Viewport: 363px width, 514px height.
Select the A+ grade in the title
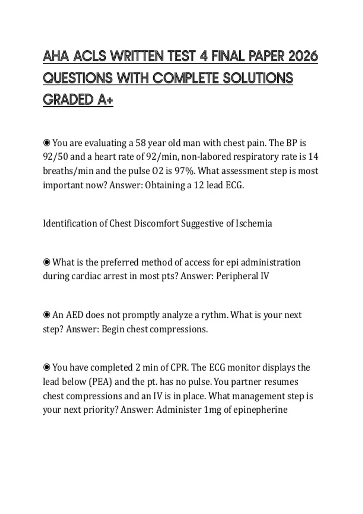[x=105, y=100]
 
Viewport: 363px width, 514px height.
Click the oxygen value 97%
[x=185, y=171]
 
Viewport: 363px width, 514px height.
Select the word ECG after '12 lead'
[x=235, y=185]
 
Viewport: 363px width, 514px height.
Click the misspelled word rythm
[x=214, y=315]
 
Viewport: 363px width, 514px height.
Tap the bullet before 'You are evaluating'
[x=47, y=142]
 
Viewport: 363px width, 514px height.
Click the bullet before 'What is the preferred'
[x=47, y=262]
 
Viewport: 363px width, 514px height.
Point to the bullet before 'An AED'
[x=47, y=315]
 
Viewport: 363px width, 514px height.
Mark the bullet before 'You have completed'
[x=47, y=368]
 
